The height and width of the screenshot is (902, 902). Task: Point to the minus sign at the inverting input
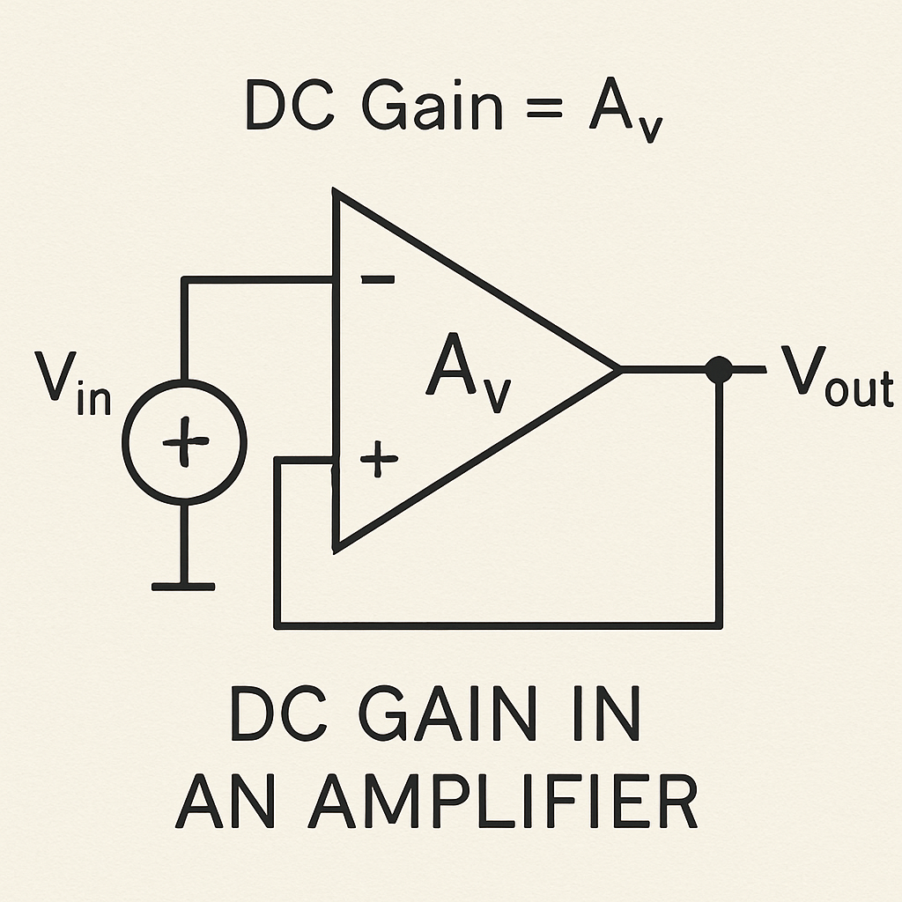(x=378, y=280)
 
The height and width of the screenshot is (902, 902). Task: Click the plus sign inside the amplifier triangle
(x=379, y=460)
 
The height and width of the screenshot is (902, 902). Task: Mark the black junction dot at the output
(x=720, y=370)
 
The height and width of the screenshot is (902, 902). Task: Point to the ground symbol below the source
(x=183, y=585)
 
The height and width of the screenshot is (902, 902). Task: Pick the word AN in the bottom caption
(x=225, y=799)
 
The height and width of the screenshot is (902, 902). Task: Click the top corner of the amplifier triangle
(x=336, y=191)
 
